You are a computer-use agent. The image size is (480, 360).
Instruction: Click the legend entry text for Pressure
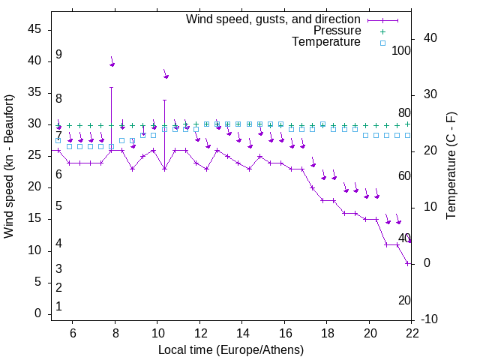coord(337,31)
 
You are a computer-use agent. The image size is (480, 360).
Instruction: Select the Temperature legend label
coord(326,42)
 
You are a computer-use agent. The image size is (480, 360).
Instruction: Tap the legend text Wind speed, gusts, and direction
coord(274,19)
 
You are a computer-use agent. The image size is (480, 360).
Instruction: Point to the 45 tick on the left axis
coord(34,29)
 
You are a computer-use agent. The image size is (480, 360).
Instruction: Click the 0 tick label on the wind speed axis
coord(37,313)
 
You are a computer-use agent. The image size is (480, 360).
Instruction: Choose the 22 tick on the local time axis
coord(412,333)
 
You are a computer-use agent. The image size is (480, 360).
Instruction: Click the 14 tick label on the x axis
coord(242,333)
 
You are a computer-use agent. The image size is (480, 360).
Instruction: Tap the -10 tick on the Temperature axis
coord(430,319)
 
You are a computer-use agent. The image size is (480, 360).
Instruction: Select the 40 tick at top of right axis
coord(430,38)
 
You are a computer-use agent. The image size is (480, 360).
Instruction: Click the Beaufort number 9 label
coord(58,55)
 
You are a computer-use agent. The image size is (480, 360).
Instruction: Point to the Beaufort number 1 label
coord(58,307)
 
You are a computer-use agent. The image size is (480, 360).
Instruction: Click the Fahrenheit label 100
coord(401,50)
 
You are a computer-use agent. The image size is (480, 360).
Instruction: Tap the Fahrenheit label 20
coord(404,300)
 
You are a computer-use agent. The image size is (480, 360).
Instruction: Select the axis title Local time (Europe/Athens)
coord(231,350)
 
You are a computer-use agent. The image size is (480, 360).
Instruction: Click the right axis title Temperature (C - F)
coord(451,166)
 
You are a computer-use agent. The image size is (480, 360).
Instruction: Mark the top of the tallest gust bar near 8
coord(111,87)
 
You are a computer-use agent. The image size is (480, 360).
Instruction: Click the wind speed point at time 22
coord(407,263)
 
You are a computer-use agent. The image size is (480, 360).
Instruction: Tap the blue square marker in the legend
coord(382,43)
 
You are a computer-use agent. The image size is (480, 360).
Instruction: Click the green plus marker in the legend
coord(382,31)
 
